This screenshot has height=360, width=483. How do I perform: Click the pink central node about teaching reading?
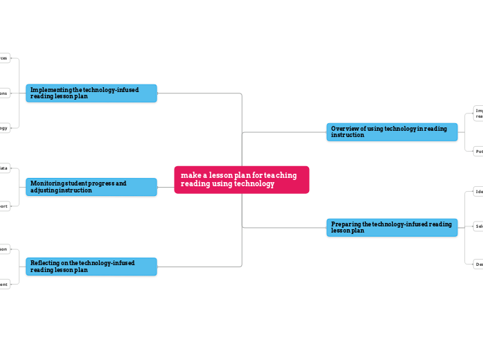[241, 180]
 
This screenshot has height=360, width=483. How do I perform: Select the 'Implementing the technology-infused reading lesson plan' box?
[91, 93]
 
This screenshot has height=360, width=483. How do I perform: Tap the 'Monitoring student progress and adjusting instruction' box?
[91, 187]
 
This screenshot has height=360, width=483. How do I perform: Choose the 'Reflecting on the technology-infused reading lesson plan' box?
[91, 267]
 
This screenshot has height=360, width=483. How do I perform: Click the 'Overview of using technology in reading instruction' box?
[392, 132]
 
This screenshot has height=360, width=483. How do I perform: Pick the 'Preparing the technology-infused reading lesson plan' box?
[392, 228]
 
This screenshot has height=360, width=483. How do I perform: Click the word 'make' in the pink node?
[188, 176]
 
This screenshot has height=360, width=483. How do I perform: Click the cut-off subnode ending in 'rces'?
[4, 58]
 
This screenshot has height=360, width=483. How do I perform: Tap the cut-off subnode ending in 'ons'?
[4, 93]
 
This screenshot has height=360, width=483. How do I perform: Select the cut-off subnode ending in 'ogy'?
[4, 127]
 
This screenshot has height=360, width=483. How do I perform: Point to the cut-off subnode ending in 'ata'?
[4, 168]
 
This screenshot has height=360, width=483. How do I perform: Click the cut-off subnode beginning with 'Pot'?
[478, 151]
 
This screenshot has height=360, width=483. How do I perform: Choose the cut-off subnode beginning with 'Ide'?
[478, 192]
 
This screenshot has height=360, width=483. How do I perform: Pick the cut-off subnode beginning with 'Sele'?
[478, 226]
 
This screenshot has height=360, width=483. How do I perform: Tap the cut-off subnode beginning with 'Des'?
[478, 264]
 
